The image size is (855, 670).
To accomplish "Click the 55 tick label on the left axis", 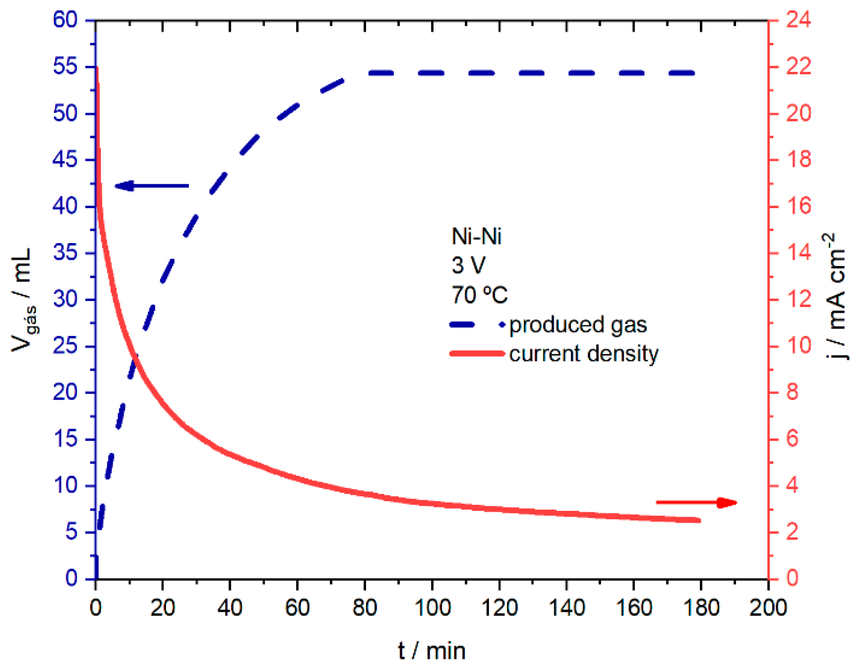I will click(x=65, y=67).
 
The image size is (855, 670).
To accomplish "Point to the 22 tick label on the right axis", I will click(x=798, y=67).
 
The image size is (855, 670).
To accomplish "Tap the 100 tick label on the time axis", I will click(x=432, y=607).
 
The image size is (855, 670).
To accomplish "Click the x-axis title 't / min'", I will click(x=431, y=651).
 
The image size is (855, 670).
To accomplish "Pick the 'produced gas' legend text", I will click(x=578, y=325).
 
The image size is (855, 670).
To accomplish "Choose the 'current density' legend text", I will click(x=584, y=354).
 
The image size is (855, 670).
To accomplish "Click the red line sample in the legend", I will click(x=477, y=354).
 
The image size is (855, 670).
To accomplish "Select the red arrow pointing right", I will click(x=696, y=502).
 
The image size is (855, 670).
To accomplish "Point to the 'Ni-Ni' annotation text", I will click(x=476, y=236).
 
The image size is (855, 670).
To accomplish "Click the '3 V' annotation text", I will click(x=468, y=265).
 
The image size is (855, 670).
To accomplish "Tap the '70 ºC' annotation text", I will click(x=479, y=294).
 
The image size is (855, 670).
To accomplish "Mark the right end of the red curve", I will click(x=699, y=520).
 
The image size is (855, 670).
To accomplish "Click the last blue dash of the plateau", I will click(x=681, y=73).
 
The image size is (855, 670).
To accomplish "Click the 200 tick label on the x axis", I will click(x=768, y=607).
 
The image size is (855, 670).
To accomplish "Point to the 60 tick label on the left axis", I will click(x=65, y=20).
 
